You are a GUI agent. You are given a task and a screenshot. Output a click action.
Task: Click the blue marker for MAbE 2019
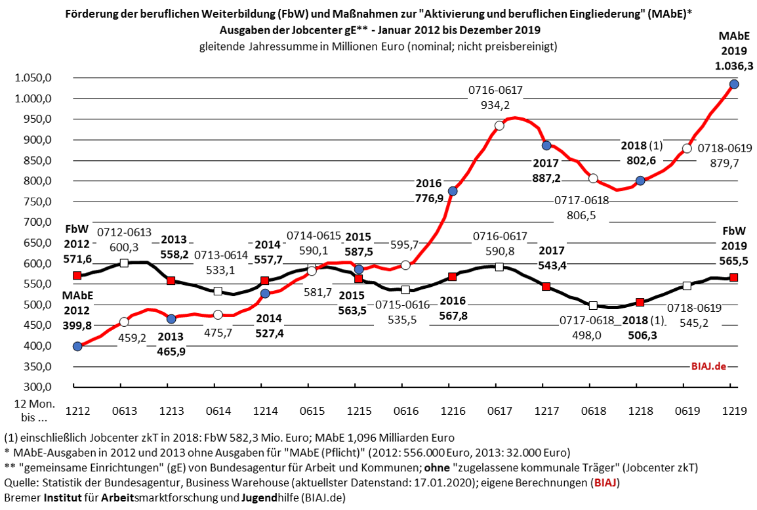734,84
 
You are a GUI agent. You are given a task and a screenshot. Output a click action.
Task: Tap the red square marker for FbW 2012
77,276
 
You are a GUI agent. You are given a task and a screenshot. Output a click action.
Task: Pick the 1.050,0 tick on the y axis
33,78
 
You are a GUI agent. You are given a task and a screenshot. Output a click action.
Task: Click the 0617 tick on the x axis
499,411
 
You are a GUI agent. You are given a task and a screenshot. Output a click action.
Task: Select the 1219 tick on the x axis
734,411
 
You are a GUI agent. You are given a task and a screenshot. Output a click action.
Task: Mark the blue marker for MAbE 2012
77,346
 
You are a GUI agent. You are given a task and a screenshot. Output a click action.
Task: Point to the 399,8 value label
78,322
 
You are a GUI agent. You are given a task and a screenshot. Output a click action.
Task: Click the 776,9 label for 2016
428,197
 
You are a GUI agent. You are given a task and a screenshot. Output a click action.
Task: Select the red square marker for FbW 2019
734,277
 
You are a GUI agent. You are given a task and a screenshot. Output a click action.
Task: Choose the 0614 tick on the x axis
218,411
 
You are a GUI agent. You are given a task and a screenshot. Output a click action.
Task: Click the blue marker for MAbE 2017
546,145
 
